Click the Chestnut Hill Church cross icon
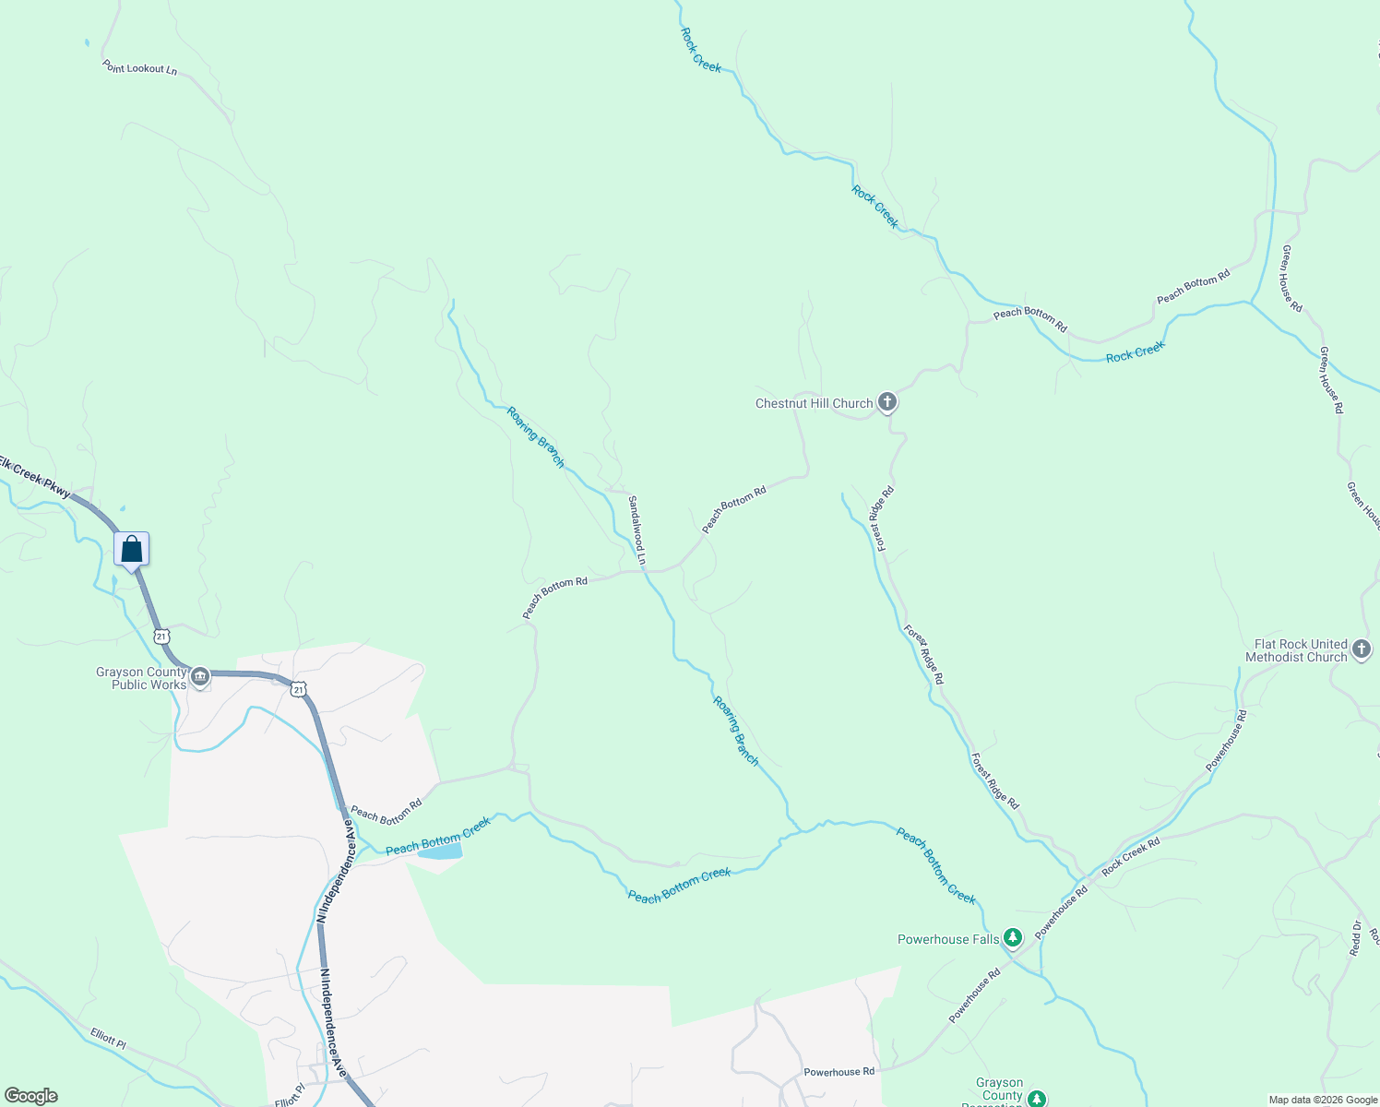886,402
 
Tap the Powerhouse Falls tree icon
1013,939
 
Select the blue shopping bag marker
132,550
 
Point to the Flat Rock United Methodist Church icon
1362,651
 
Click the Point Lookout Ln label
139,68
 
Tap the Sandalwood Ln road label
636,530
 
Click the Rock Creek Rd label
1130,856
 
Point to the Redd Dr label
1355,938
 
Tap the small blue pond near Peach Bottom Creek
440,852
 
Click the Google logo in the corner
30,1096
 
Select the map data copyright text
1322,1100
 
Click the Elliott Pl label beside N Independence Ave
290,1096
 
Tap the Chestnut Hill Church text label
814,403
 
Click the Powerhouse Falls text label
948,939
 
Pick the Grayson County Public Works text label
141,678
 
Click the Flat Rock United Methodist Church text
1296,651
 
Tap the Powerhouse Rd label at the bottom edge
839,1072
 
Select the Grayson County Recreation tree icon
1037,1099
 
